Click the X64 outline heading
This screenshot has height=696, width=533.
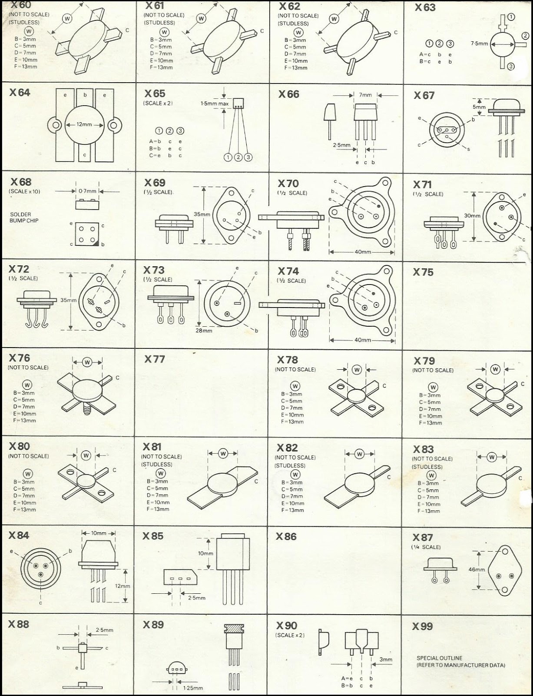pyautogui.click(x=20, y=93)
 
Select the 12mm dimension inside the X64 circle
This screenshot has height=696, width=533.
pyautogui.click(x=84, y=124)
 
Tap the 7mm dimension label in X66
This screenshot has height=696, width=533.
pyautogui.click(x=365, y=95)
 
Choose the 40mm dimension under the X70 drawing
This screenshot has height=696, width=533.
pyautogui.click(x=363, y=252)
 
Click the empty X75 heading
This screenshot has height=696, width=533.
pyautogui.click(x=423, y=272)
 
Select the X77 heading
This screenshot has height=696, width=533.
pyautogui.click(x=155, y=359)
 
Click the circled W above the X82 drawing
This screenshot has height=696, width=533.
pyautogui.click(x=359, y=454)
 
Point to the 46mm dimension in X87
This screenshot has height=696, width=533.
pyautogui.click(x=477, y=569)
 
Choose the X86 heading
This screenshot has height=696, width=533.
pyautogui.click(x=286, y=537)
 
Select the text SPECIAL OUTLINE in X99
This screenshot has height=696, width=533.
pyautogui.click(x=440, y=658)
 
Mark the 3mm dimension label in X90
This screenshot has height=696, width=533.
pyautogui.click(x=386, y=659)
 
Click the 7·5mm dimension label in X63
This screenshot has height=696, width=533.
pyautogui.click(x=480, y=44)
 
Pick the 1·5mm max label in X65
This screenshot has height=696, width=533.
pyautogui.click(x=215, y=104)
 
